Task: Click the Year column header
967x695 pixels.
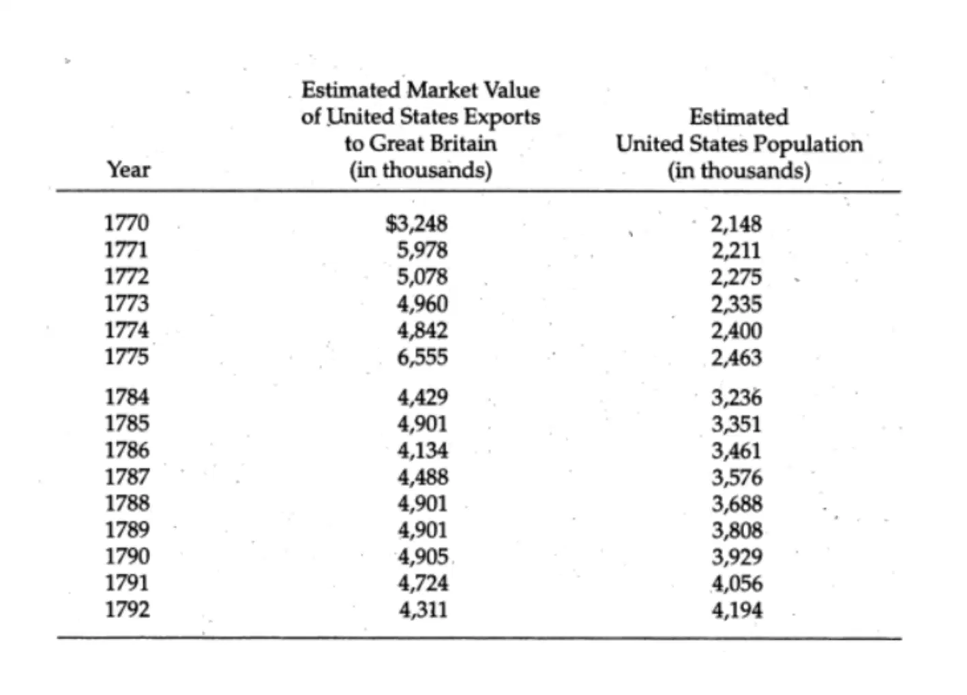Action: (129, 169)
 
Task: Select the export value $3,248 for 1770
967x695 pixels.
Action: (416, 223)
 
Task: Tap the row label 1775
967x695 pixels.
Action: (126, 357)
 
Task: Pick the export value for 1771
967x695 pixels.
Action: (422, 250)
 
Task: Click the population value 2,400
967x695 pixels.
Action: (737, 331)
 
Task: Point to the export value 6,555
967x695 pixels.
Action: (422, 357)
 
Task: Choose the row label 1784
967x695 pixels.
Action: (127, 397)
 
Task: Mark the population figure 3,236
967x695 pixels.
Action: (737, 397)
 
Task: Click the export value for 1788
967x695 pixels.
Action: (422, 504)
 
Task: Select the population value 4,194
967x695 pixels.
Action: (737, 610)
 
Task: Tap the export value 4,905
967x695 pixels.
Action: (423, 557)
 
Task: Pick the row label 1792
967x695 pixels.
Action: (128, 610)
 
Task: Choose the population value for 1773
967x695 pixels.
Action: (737, 304)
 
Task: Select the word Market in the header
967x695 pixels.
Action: (442, 90)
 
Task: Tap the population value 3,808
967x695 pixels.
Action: (737, 530)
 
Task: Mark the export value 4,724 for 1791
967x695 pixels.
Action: (423, 583)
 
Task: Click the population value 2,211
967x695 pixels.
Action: (736, 251)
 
